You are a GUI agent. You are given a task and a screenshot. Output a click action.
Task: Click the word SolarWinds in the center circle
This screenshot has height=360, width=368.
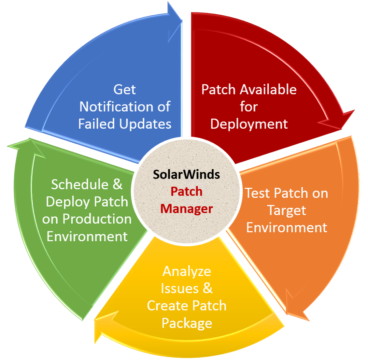coord(186,175)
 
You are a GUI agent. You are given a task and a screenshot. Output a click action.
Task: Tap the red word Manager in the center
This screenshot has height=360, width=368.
coord(186,209)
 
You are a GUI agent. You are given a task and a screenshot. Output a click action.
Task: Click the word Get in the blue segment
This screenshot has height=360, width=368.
coord(125,89)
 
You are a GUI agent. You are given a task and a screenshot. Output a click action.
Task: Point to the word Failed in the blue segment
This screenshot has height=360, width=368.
coord(97,124)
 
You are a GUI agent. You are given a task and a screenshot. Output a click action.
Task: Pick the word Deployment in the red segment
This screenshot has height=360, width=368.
coord(249,124)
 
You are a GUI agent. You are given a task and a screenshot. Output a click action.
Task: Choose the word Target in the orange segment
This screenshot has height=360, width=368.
coord(287,211)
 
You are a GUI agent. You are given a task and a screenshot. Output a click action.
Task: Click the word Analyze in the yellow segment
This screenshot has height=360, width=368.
coord(186,271)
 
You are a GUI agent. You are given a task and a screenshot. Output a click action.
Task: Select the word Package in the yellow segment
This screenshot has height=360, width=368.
coord(186,323)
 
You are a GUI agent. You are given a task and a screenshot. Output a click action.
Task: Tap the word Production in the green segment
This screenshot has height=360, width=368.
coord(97,219)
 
